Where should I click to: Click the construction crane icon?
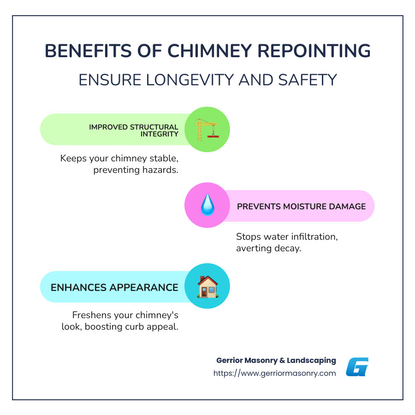(207, 130)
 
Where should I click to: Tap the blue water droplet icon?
(207, 206)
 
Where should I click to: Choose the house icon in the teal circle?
(207, 286)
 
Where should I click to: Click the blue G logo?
(357, 367)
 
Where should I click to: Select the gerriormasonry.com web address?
(274, 373)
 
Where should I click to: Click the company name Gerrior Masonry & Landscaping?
(276, 360)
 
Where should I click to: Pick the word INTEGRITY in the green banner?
(160, 134)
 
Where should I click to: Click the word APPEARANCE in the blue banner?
(144, 287)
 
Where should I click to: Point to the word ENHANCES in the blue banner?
(79, 287)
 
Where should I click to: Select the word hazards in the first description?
(160, 169)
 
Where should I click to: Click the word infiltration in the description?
(315, 237)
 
